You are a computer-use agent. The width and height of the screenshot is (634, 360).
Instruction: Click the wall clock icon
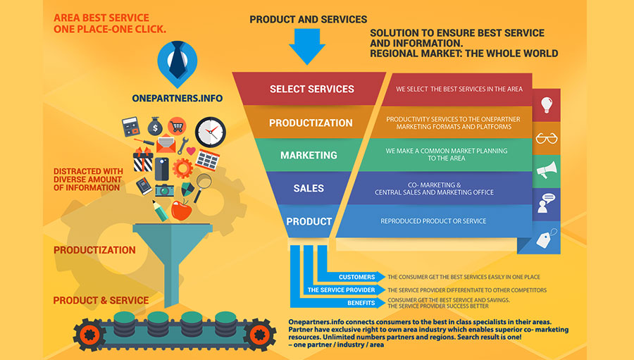[210, 132]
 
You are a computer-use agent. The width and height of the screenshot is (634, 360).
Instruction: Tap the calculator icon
[131, 128]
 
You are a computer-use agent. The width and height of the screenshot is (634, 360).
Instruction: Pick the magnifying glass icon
[204, 182]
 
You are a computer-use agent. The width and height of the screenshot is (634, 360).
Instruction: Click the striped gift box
[144, 159]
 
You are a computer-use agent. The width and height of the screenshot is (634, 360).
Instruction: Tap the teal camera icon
[164, 190]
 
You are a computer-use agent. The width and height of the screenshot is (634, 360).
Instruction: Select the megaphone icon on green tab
[546, 170]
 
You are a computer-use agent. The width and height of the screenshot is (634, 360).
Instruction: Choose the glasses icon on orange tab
[546, 137]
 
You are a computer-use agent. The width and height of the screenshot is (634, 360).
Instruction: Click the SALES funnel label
[309, 188]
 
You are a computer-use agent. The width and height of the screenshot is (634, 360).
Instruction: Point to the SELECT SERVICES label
[311, 89]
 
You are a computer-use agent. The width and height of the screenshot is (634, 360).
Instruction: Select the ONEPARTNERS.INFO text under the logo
[177, 99]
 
